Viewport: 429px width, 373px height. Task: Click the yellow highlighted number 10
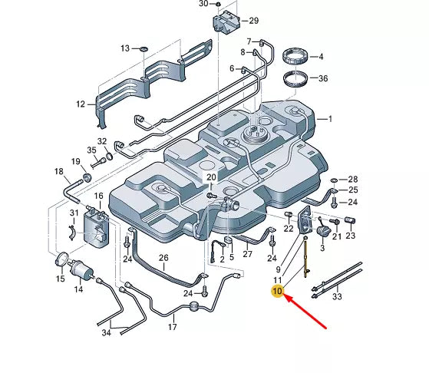[276, 292]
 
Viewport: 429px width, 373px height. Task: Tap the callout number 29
[254, 20]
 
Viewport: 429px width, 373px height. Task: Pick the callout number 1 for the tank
[331, 119]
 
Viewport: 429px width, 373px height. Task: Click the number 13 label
[124, 48]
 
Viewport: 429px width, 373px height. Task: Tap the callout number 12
[81, 104]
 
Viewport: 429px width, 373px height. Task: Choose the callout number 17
[173, 327]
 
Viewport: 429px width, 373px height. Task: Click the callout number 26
[163, 258]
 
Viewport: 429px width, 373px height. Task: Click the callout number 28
[353, 178]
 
